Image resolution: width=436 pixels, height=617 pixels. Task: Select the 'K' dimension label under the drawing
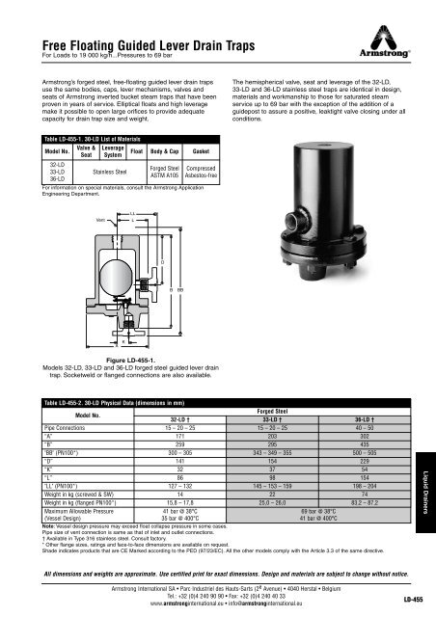tap(123, 339)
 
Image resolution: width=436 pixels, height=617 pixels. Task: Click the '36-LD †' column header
tap(368, 421)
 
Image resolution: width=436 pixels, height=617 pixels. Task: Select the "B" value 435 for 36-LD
tap(369, 445)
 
